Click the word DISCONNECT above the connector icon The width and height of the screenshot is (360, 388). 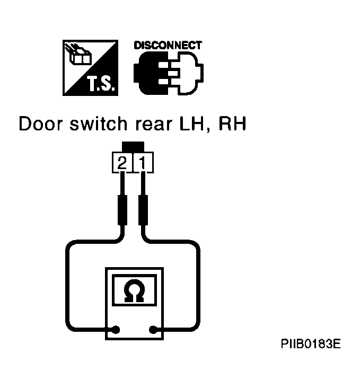coord(168,45)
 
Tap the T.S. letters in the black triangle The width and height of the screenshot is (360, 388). coord(101,84)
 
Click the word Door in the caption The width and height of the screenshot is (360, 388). coord(41,124)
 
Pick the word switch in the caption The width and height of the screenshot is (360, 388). coord(98,124)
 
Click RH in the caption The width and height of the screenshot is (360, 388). coord(233,124)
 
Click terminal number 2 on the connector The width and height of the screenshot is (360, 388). coord(122,163)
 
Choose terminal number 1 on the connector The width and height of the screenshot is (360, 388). coord(143,163)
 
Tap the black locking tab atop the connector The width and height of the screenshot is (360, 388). coord(133,146)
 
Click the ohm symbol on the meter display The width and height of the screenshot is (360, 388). coord(134,290)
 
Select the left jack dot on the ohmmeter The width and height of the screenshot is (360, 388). coord(116,330)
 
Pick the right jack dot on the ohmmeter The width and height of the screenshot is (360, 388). coord(153,330)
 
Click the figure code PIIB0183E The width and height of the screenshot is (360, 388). coord(311,343)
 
